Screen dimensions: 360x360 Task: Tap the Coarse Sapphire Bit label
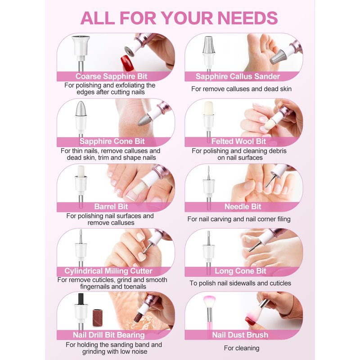pos(111,76)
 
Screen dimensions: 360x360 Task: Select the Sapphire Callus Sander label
pos(238,76)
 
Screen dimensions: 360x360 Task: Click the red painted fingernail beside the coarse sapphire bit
pos(127,62)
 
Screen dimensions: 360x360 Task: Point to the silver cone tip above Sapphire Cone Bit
pos(81,108)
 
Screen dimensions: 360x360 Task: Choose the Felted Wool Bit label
pos(238,141)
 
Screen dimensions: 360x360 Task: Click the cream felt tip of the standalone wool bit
pos(208,108)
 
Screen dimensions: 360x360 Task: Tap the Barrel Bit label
pos(111,207)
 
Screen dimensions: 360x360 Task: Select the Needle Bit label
pos(243,207)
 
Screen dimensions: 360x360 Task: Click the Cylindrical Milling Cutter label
pos(108,271)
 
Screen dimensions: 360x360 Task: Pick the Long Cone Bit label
pos(240,271)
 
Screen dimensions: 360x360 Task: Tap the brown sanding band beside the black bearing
pos(97,318)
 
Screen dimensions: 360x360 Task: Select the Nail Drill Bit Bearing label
pos(108,335)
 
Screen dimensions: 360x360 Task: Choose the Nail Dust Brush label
pos(240,335)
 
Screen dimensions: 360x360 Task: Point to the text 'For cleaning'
pos(242,348)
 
